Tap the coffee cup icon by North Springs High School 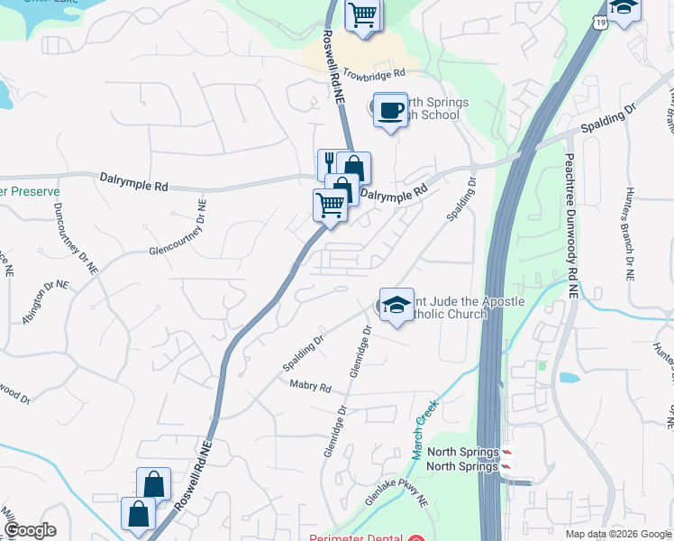click(x=389, y=110)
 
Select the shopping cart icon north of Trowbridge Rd click(x=362, y=14)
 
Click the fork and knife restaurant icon click(x=330, y=164)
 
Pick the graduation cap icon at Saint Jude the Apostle click(x=396, y=305)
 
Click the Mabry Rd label click(x=311, y=388)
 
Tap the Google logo click(x=30, y=530)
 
